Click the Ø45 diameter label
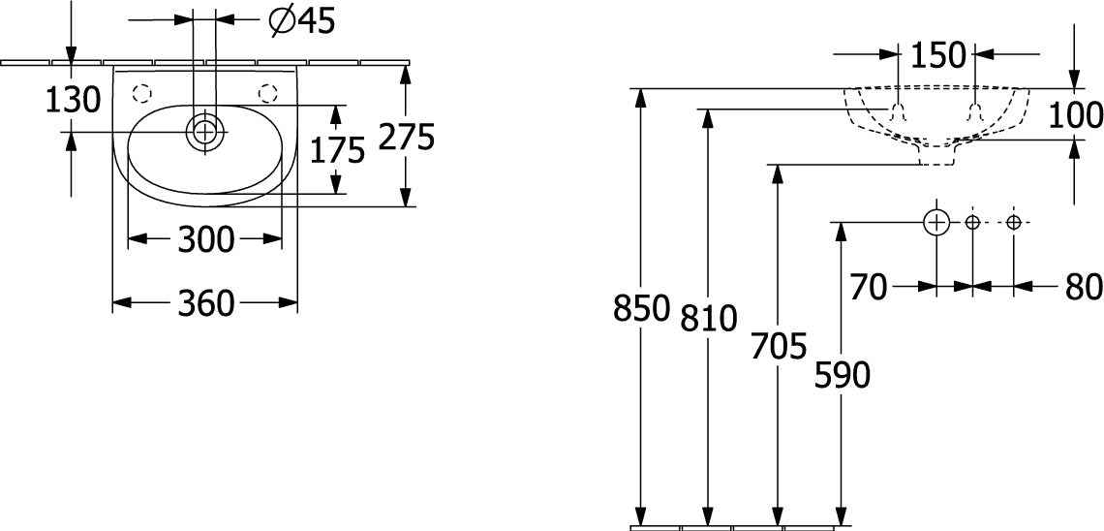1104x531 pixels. pos(303,22)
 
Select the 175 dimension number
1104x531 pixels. pos(338,149)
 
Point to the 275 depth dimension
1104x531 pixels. pos(407,137)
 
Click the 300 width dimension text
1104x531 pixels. pos(205,240)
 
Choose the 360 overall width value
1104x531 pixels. pos(205,303)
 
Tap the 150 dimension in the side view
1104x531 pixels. pos(936,55)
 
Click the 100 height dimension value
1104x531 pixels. pos(1075,115)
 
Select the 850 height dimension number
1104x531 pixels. pos(641,308)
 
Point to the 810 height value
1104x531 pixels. pos(708,319)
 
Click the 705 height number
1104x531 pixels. pos(778,347)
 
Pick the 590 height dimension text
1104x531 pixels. pos(843,375)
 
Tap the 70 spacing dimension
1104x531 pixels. pos(869,288)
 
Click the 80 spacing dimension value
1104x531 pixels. pos(1084,288)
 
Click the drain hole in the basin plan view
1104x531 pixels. pos(204,132)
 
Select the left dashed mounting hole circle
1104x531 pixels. pos(141,93)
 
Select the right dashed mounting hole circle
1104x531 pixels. pos(267,93)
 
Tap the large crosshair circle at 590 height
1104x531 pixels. pos(936,223)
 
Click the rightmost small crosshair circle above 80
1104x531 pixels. pos(1013,223)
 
